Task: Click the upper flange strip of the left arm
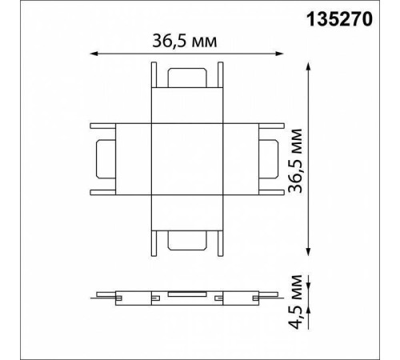coord(120,125)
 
